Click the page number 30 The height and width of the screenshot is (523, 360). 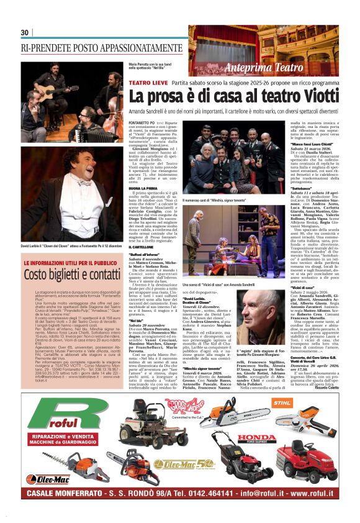25,32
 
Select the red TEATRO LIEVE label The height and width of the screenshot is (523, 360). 149,82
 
